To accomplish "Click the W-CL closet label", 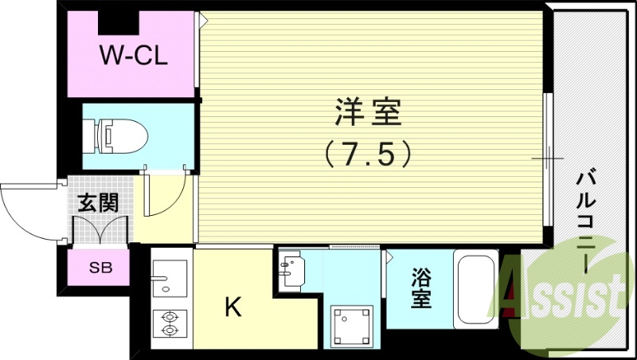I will point(133,57).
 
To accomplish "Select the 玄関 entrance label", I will point(97,202).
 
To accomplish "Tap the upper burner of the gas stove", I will point(169,315).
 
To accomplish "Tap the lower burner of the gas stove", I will point(169,330).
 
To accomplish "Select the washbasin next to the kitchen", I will point(293,269).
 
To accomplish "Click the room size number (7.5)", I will point(367,152).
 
